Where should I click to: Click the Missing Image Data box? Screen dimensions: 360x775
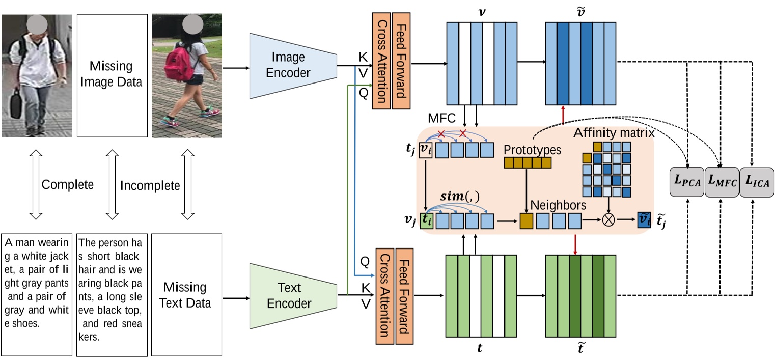[x=111, y=75]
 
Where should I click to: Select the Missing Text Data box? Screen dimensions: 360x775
[x=186, y=295]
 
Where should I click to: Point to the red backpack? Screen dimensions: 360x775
[x=177, y=64]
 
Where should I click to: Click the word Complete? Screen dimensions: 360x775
[x=68, y=184]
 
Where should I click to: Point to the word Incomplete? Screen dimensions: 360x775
[x=150, y=185]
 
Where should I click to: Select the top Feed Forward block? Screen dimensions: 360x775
[x=401, y=61]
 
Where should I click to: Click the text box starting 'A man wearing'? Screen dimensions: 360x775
[x=37, y=295]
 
